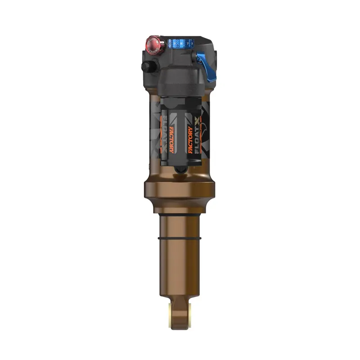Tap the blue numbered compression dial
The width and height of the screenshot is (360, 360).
pos(179,44)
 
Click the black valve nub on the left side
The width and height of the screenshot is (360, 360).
pos(146,67)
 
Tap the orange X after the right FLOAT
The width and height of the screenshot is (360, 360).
pos(197,121)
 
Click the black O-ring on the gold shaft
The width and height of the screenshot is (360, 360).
pos(180,237)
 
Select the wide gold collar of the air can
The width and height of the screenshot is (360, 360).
pos(180,191)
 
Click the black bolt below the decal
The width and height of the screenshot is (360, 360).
pos(180,169)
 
